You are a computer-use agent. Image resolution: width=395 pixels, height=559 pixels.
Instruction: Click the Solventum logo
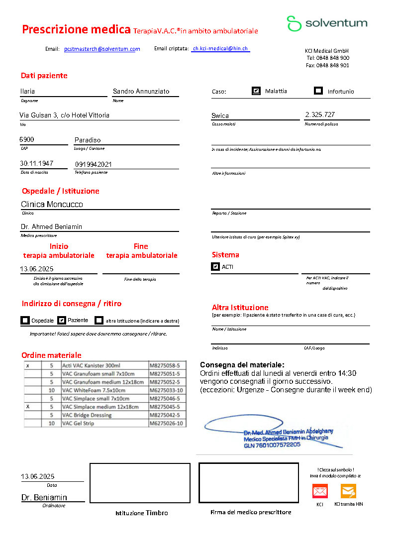(x=327, y=23)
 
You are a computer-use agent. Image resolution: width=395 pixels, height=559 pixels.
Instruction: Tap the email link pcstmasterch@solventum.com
(x=102, y=49)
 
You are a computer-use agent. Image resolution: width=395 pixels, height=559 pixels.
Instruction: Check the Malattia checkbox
(x=256, y=91)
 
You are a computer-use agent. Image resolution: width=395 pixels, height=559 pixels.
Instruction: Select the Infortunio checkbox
(x=318, y=91)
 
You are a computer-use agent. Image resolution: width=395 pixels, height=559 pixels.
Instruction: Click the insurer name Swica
(x=220, y=115)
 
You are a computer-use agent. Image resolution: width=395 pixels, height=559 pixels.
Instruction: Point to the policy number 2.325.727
(x=320, y=115)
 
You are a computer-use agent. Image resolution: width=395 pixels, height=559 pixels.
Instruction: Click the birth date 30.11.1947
(x=36, y=164)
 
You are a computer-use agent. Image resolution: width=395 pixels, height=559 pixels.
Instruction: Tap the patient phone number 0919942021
(x=94, y=164)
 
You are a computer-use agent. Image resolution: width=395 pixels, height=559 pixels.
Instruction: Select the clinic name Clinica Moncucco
(x=52, y=204)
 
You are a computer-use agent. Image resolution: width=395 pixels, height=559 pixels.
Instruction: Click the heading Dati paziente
(x=44, y=76)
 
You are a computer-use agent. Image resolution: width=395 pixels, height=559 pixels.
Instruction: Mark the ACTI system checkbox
(x=215, y=267)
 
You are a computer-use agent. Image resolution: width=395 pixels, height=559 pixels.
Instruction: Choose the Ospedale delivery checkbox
(x=25, y=320)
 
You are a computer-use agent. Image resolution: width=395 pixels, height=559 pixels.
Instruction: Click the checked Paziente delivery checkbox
(x=62, y=320)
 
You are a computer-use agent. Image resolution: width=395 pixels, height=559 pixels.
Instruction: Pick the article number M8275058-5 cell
(x=165, y=365)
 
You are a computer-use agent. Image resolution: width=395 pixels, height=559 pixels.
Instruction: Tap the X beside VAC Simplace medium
(x=28, y=407)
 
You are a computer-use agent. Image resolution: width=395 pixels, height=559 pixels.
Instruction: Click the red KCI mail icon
(x=320, y=491)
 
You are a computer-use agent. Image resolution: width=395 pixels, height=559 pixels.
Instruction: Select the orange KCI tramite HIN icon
(x=348, y=491)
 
